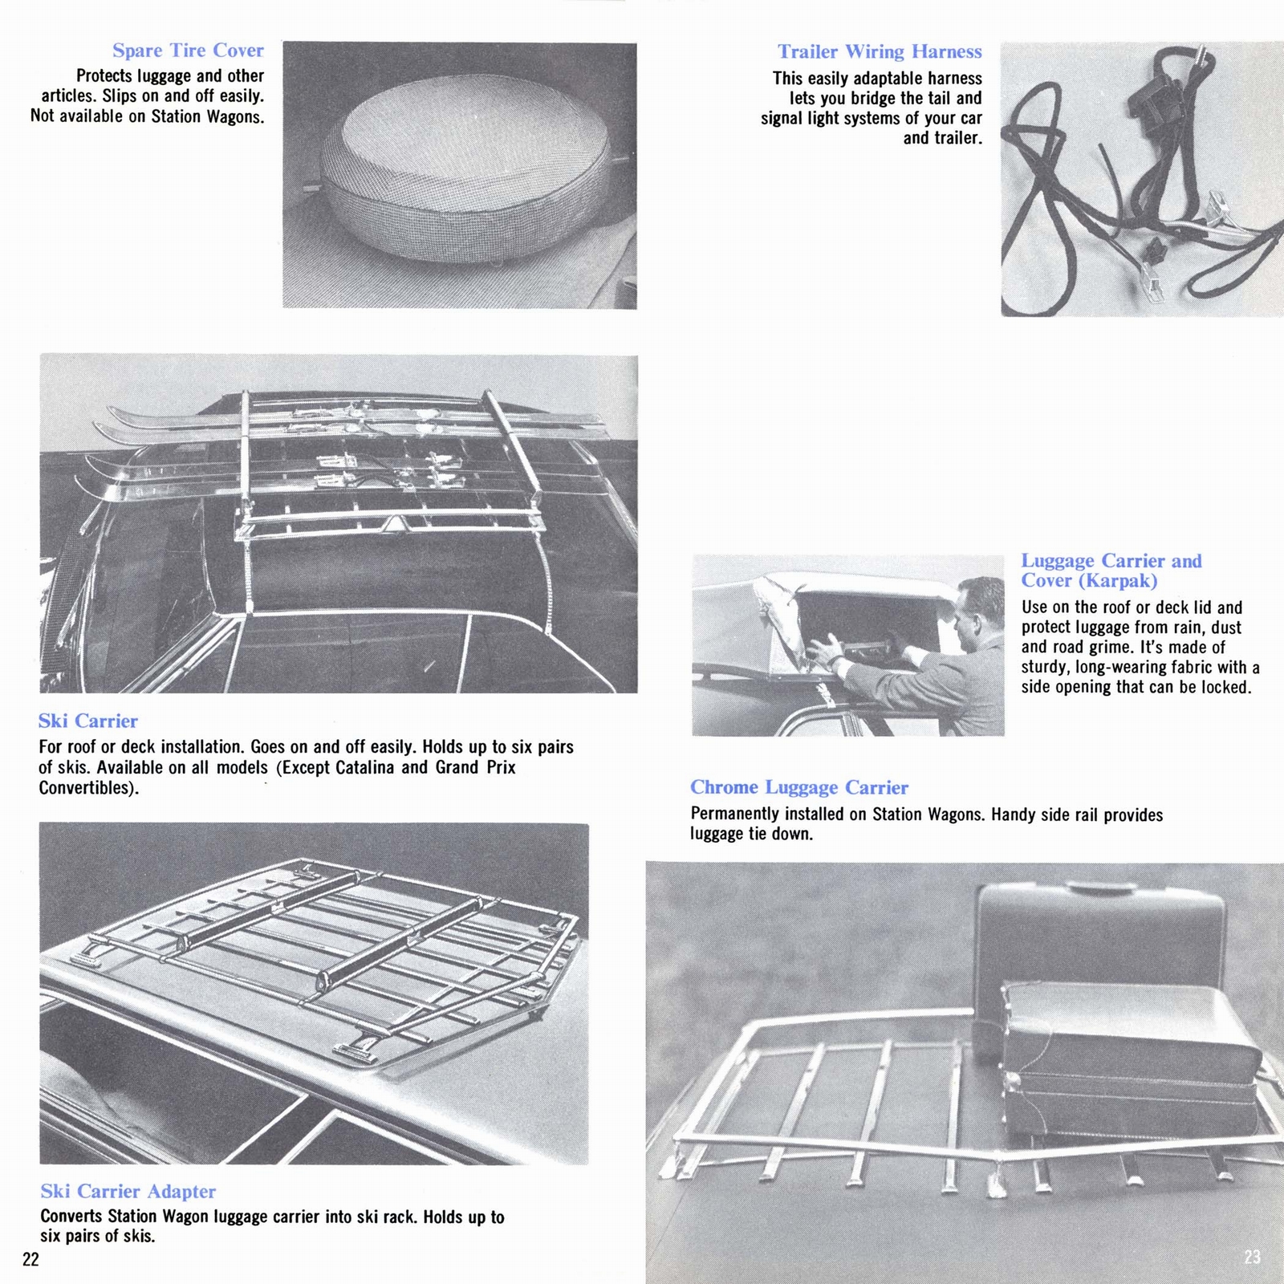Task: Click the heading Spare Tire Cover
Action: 188,51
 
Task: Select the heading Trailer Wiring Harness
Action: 879,52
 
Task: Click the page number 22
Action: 30,1259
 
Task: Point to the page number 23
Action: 1252,1257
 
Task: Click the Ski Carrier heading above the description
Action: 88,721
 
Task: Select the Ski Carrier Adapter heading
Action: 128,1192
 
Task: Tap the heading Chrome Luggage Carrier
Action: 799,788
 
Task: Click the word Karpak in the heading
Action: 1120,581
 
